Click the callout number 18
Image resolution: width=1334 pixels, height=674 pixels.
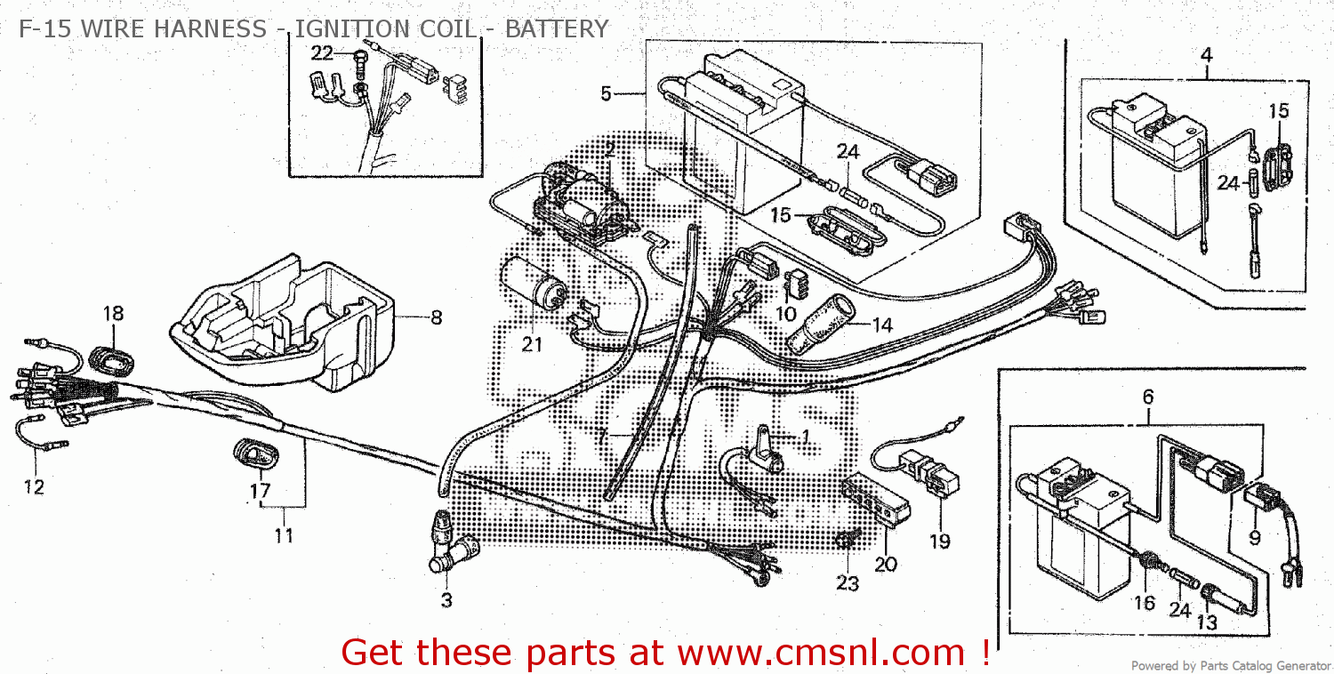pos(112,313)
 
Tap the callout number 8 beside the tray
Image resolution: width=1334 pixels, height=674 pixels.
pos(435,317)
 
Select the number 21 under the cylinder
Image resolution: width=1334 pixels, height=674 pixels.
pos(532,344)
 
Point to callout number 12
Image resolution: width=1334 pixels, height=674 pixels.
pos(34,486)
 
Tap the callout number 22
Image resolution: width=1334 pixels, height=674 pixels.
pos(321,53)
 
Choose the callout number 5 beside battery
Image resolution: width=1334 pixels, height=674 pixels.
pos(606,92)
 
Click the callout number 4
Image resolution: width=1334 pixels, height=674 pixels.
pos(1206,54)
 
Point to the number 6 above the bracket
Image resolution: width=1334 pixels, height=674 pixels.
pos(1147,397)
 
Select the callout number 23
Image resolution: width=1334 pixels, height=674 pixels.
pos(848,583)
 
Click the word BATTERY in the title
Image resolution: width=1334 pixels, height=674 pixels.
pos(557,29)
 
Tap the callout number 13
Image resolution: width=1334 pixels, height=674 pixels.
pos(1206,622)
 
